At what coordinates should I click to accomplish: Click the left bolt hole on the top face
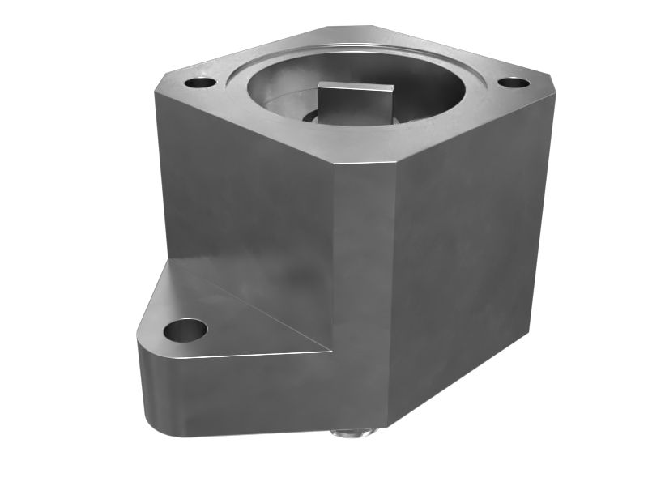[x=199, y=83]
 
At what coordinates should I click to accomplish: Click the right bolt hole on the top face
[x=512, y=83]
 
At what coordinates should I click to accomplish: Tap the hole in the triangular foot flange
[x=185, y=330]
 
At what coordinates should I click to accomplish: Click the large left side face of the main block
[x=243, y=186]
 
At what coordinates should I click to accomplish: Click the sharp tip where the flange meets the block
[x=329, y=351]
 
